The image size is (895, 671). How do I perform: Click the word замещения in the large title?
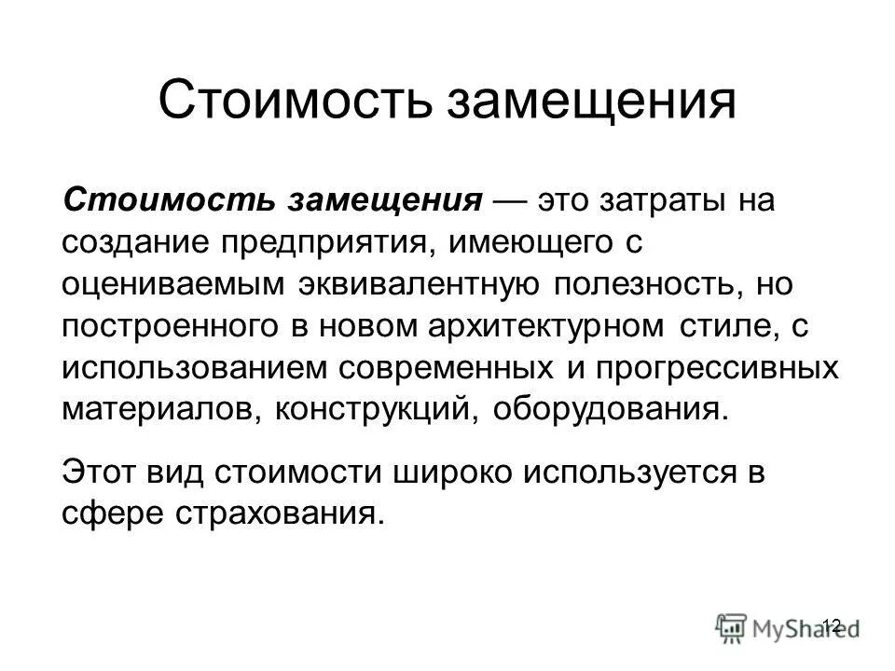click(592, 102)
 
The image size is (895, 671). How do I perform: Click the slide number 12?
click(833, 624)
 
